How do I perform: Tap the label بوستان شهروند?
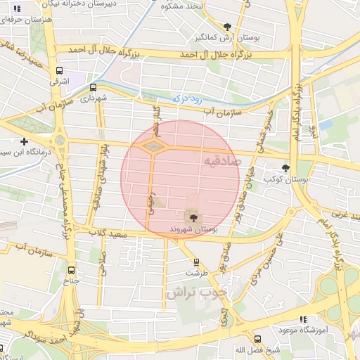[193, 229]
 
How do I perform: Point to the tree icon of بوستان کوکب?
[285, 168]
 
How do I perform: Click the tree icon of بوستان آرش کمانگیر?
[226, 26]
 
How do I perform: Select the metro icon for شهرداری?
[93, 87]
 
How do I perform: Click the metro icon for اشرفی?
[59, 71]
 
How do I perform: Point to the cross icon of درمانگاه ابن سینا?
[24, 141]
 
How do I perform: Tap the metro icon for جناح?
[71, 269]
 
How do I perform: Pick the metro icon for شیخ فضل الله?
[257, 339]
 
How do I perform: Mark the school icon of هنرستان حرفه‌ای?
[18, 8]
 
